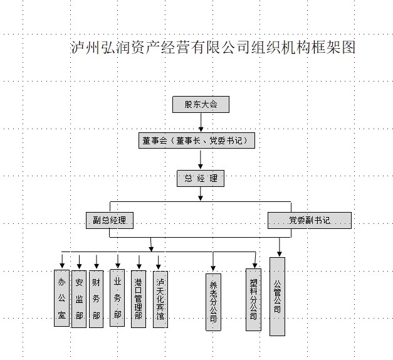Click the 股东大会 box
click(201, 105)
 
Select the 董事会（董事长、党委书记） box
click(197, 141)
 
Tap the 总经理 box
click(200, 179)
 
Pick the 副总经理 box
click(110, 220)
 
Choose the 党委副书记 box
click(309, 220)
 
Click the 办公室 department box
click(61, 298)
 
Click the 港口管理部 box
click(139, 299)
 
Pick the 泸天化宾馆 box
click(160, 299)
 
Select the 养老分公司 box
click(214, 302)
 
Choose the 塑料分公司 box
click(253, 300)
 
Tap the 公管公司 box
click(277, 296)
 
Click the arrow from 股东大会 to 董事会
click(201, 123)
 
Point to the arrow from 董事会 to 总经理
click(201, 159)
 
